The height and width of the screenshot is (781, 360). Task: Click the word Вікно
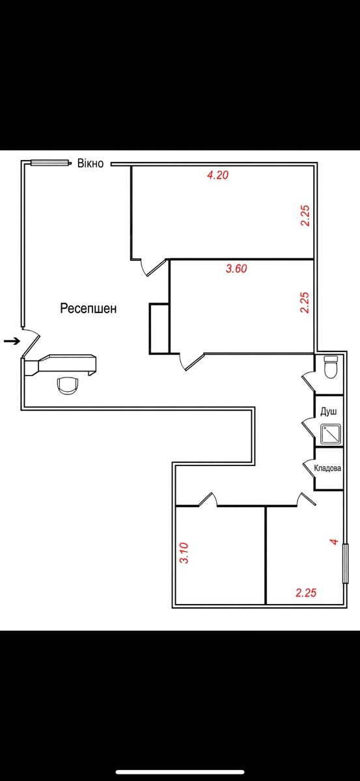coord(90,163)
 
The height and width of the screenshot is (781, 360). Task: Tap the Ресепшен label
coord(89,308)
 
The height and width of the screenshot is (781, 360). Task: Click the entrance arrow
coord(12,341)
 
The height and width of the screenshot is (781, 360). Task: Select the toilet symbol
coord(330,367)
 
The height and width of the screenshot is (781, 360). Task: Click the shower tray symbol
coord(331,435)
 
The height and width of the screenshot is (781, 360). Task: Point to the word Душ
coord(329,412)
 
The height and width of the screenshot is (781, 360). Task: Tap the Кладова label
coord(327,468)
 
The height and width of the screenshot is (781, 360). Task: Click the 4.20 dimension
coord(217,174)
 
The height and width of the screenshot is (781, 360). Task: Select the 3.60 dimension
coord(236,269)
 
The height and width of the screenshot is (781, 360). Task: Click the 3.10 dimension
coord(184,553)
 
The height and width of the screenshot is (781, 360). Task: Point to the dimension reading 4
coord(334,541)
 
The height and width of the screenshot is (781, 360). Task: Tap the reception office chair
coord(68,385)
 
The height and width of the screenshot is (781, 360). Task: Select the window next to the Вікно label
coord(49,163)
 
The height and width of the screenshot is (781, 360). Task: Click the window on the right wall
coord(345,563)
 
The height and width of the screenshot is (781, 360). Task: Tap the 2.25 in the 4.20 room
coord(305,216)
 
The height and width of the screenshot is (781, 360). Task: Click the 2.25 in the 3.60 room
coord(305,303)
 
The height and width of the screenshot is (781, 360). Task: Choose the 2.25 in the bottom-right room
coord(306,592)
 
